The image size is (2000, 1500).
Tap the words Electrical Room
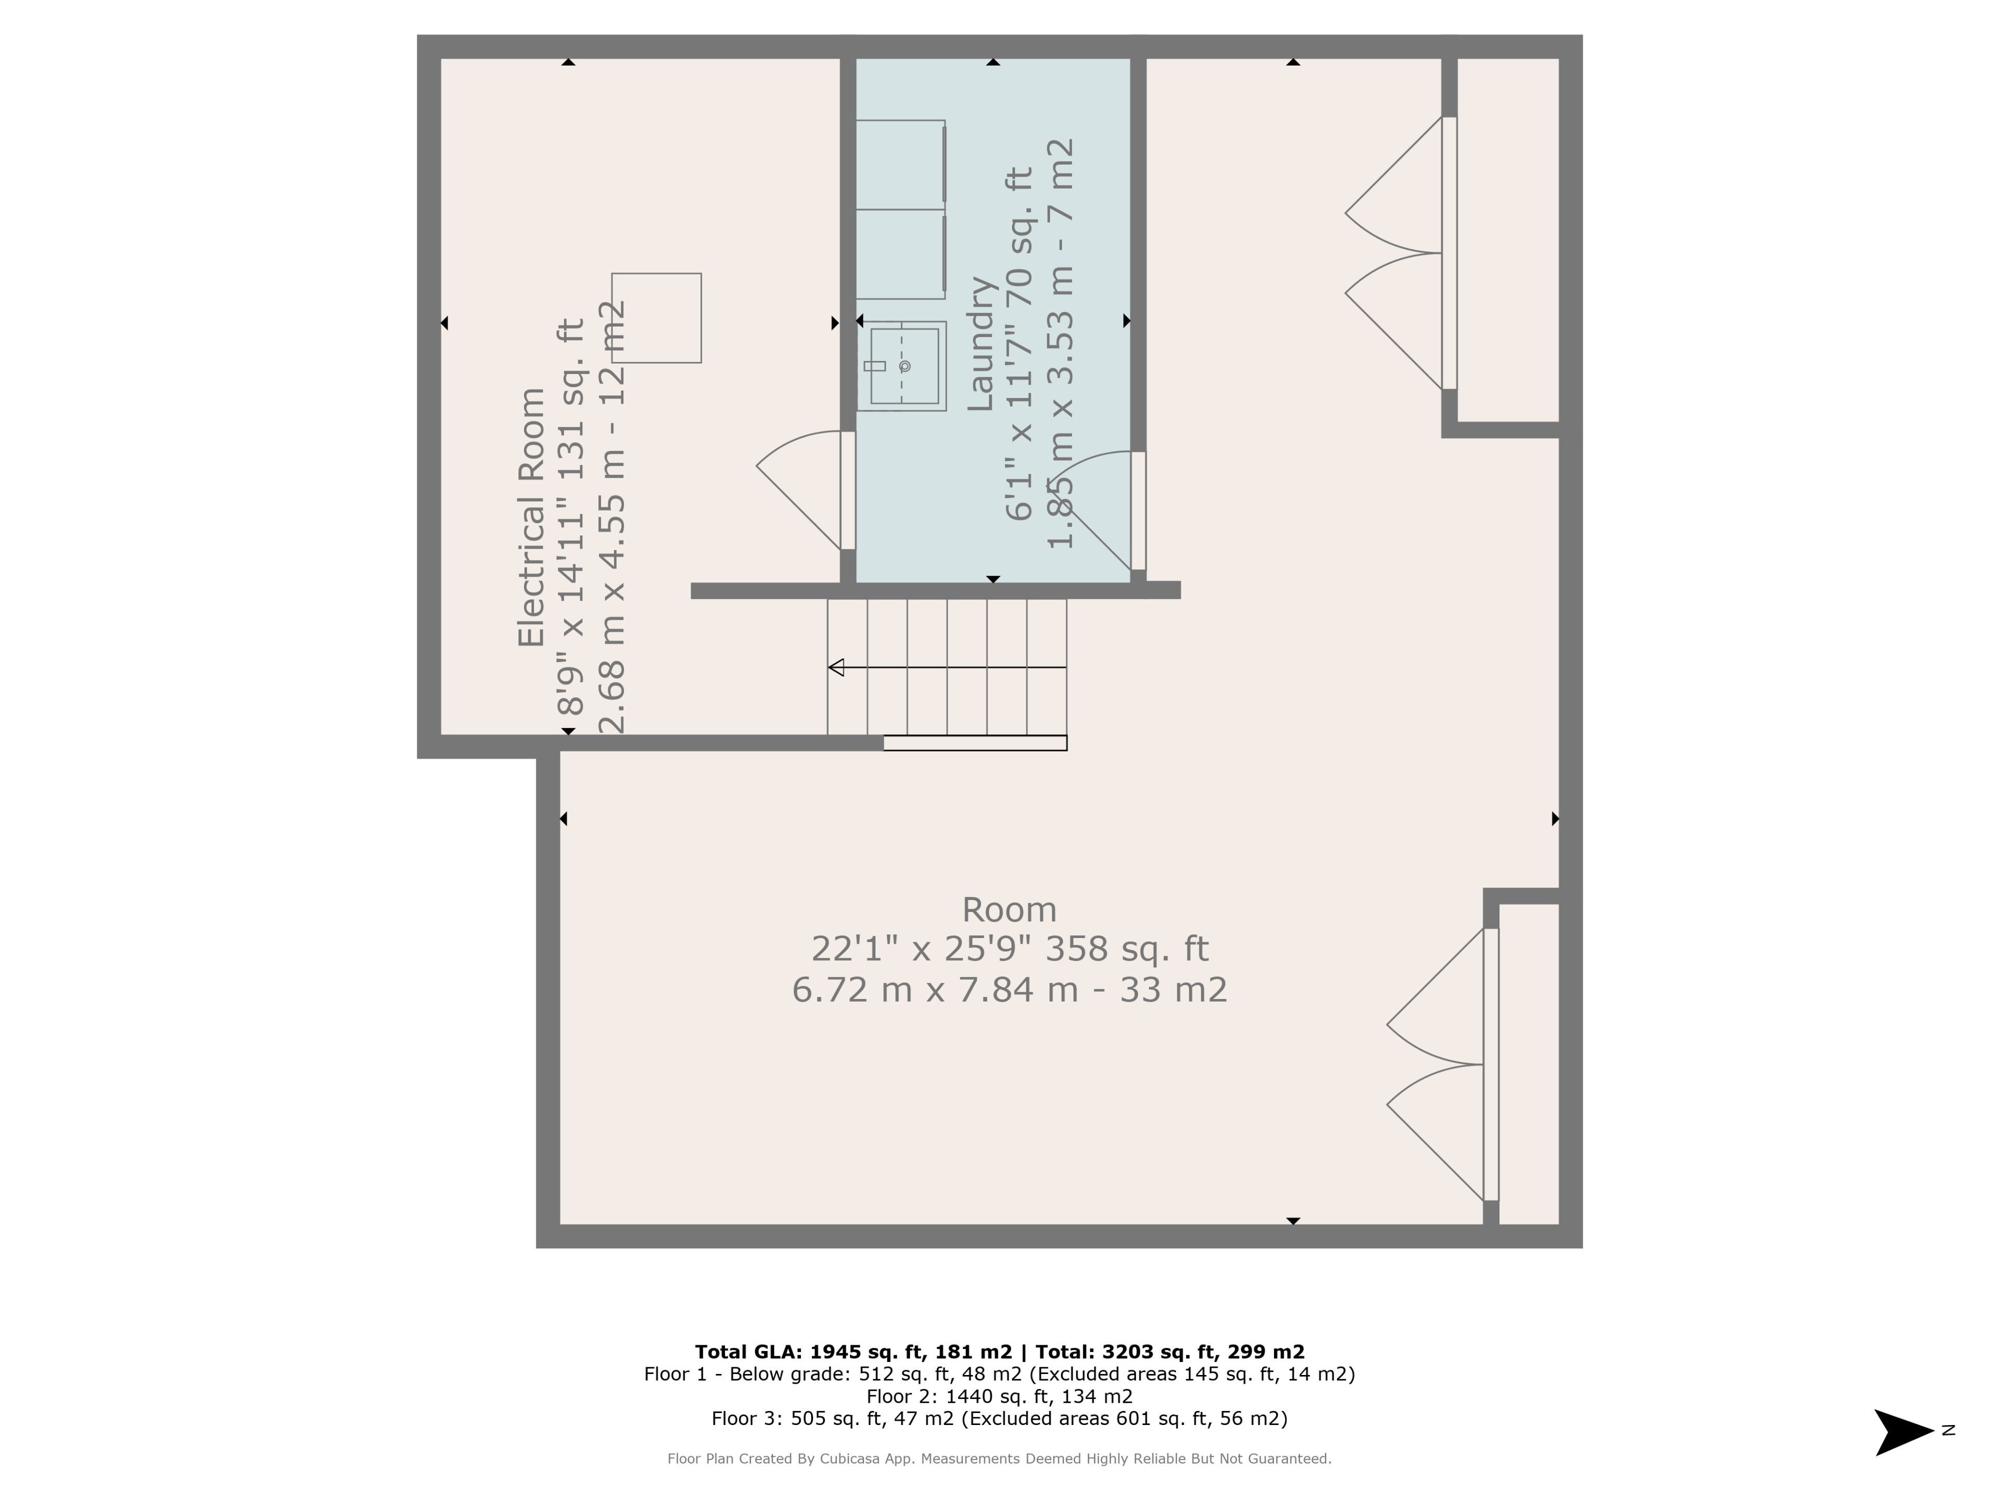pyautogui.click(x=532, y=517)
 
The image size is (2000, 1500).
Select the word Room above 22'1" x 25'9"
pyautogui.click(x=1009, y=909)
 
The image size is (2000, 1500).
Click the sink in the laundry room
pyautogui.click(x=902, y=366)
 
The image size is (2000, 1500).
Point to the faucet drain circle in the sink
pyautogui.click(x=905, y=366)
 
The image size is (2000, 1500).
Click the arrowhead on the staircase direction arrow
pyautogui.click(x=835, y=667)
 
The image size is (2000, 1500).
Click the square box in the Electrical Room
pyautogui.click(x=656, y=318)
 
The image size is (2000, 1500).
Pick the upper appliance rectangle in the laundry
pyautogui.click(x=901, y=165)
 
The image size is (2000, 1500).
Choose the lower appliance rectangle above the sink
pyautogui.click(x=901, y=254)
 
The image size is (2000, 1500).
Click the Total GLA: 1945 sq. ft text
pyautogui.click(x=854, y=1352)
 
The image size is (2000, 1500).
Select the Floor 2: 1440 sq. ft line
pyautogui.click(x=999, y=1396)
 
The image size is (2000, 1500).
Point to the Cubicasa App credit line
pyautogui.click(x=999, y=1458)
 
